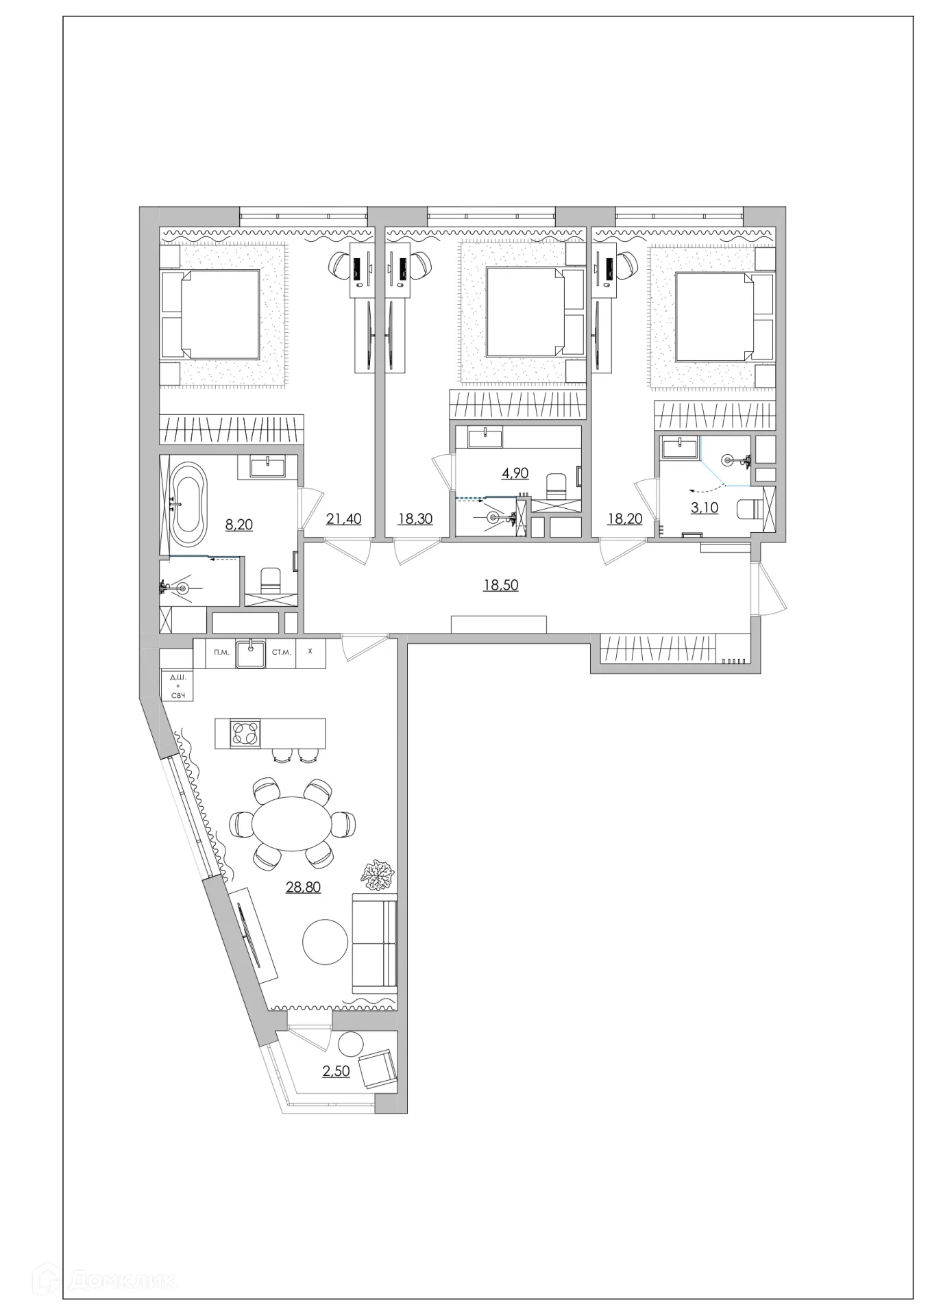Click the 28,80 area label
(x=303, y=887)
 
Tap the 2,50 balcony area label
(x=336, y=1071)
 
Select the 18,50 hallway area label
(x=501, y=585)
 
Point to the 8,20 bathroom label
(x=239, y=525)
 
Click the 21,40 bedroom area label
(x=343, y=518)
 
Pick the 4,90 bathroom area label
(x=515, y=473)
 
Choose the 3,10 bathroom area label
(x=705, y=508)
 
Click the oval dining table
(x=293, y=823)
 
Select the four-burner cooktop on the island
(x=245, y=734)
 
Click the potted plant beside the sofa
(x=377, y=875)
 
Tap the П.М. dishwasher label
(x=221, y=652)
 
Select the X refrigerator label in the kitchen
(x=310, y=651)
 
